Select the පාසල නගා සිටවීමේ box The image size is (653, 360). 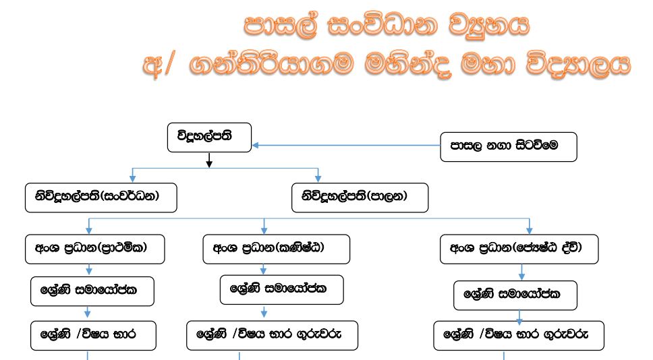(509, 146)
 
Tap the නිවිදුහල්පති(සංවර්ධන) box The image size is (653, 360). (101, 198)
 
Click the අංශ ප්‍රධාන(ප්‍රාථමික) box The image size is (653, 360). (95, 249)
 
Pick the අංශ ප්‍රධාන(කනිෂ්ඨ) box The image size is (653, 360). (277, 249)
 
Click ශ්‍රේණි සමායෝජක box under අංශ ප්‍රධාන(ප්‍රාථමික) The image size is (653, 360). (92, 291)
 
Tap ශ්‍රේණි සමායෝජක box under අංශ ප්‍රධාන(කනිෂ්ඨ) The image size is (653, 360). (282, 290)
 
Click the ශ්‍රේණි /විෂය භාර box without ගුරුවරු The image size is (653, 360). (94, 335)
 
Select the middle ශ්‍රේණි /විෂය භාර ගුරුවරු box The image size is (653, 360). (272, 335)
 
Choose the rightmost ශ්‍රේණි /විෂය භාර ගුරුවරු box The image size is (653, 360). (519, 335)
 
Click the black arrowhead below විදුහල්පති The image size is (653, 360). (209, 163)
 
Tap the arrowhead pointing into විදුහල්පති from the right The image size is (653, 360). (256, 144)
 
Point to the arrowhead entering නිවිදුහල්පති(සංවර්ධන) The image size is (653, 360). (133, 179)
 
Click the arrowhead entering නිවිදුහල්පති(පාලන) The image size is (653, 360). (318, 179)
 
